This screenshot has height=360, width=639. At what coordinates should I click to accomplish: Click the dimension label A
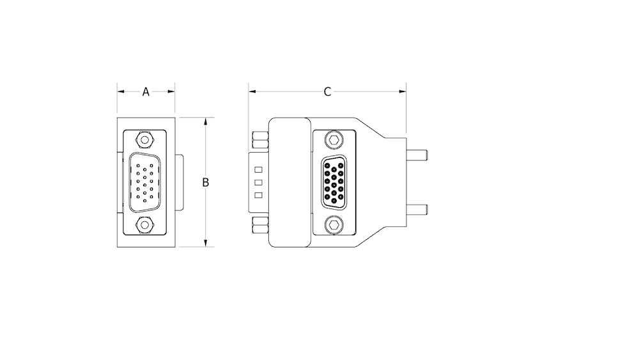pyautogui.click(x=146, y=92)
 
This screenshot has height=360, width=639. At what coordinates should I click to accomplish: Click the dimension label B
pyautogui.click(x=206, y=182)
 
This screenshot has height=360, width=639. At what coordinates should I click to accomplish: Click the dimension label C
pyautogui.click(x=327, y=92)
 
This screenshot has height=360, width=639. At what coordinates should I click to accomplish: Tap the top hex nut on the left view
pyautogui.click(x=145, y=138)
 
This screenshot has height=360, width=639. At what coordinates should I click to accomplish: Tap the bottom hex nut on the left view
pyautogui.click(x=145, y=225)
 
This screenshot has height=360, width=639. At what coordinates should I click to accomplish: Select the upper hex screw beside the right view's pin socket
pyautogui.click(x=333, y=139)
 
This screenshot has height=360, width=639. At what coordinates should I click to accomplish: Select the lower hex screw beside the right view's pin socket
pyautogui.click(x=333, y=224)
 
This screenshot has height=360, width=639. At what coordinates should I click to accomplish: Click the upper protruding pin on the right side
pyautogui.click(x=417, y=154)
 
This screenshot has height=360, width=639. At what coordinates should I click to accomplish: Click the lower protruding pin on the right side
pyautogui.click(x=417, y=208)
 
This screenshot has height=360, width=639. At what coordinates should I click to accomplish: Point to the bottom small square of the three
pyautogui.click(x=258, y=195)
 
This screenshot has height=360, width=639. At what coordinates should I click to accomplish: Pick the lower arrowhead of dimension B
pyautogui.click(x=205, y=243)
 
